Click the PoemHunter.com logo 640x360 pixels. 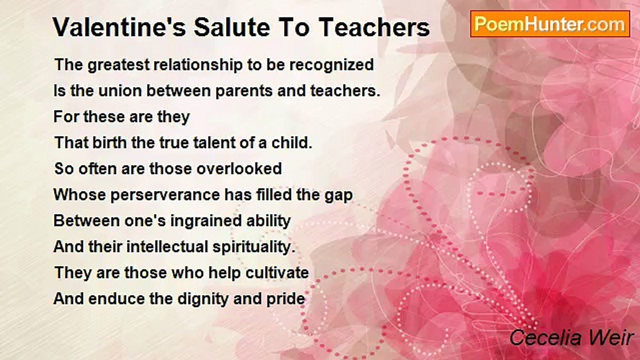point(549,23)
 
